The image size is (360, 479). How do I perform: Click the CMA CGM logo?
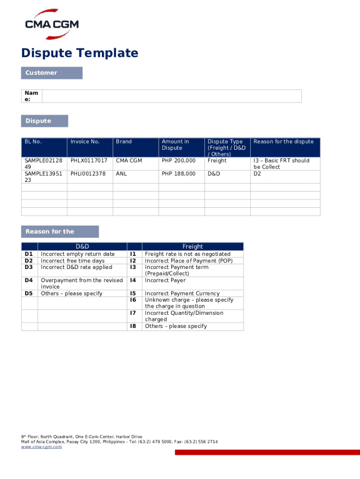[x=51, y=23]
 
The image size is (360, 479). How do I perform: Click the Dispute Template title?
[x=80, y=53]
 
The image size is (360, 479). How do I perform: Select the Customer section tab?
[x=51, y=73]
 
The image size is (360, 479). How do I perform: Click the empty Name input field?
[x=172, y=96]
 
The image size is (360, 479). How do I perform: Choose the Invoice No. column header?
[x=85, y=142]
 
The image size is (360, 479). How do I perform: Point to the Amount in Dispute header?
[x=175, y=145]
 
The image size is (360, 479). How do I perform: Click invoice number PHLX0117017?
[x=89, y=160]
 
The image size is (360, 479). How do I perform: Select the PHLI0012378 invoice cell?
[x=88, y=174]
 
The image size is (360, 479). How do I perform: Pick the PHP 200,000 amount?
[x=179, y=160]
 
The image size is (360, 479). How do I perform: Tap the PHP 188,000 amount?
[x=179, y=174]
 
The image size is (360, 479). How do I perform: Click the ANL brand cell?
[x=122, y=174]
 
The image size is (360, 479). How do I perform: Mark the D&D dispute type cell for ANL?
[x=214, y=174]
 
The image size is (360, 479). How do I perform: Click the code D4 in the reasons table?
[x=29, y=280]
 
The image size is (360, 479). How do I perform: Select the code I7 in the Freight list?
[x=133, y=313]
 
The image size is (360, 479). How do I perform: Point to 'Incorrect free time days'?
[x=73, y=261]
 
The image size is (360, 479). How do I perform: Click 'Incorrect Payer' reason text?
[x=165, y=280]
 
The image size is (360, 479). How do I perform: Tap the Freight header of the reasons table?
[x=193, y=247]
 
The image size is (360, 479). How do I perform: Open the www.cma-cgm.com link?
[x=41, y=447]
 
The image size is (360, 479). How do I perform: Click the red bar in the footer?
[x=267, y=452]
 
